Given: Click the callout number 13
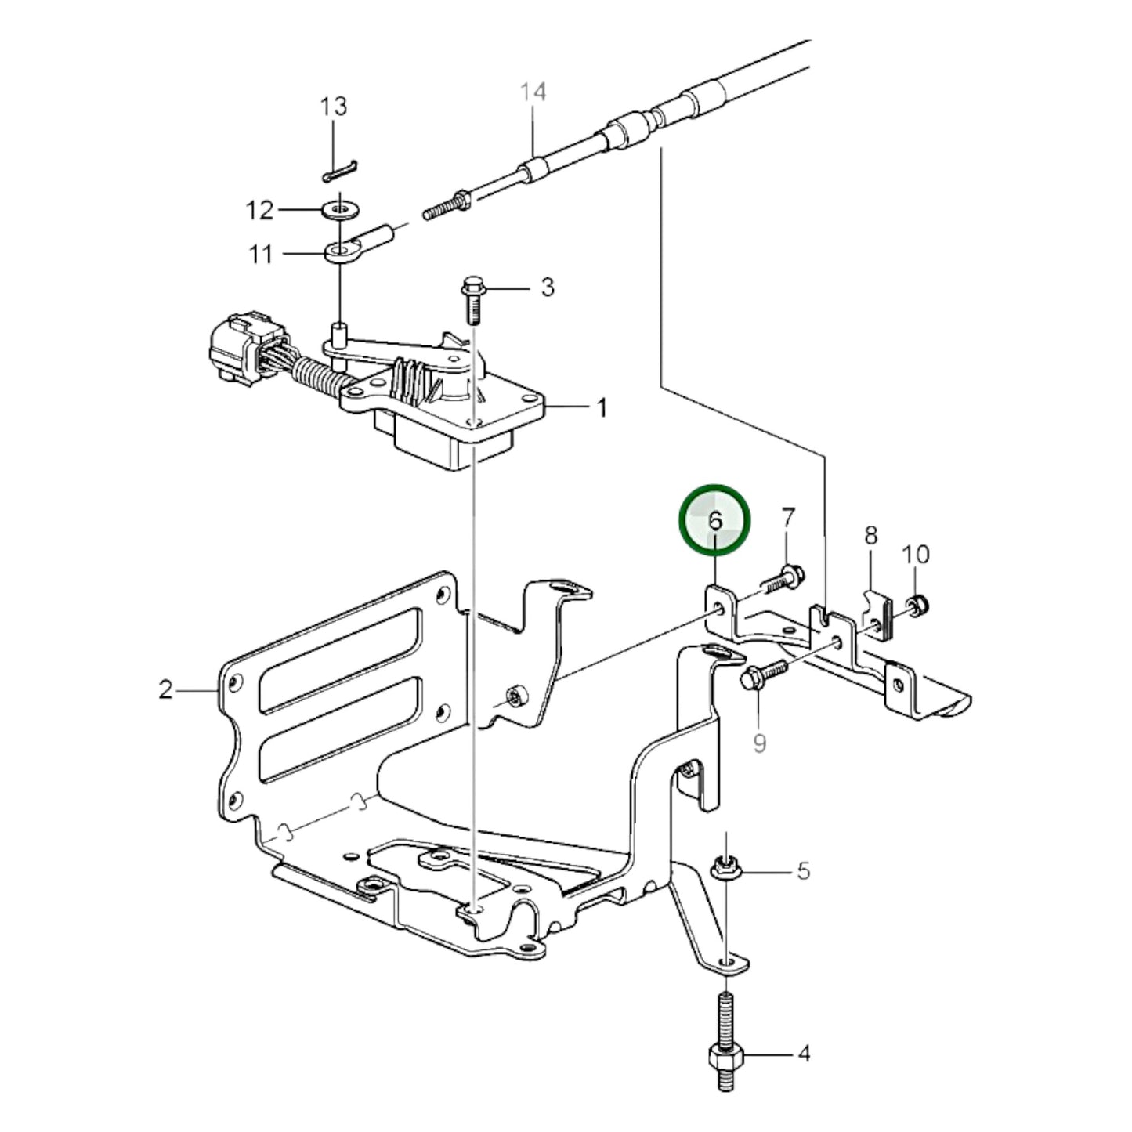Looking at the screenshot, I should coord(334,107).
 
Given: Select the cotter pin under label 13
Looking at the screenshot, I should coord(340,171).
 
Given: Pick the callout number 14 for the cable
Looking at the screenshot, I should coord(533,92).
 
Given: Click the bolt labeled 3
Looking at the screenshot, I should coord(472,298).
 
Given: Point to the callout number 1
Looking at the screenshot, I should coord(602,407).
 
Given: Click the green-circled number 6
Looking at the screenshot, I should coord(714,519).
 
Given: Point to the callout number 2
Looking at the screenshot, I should coord(165,689).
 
